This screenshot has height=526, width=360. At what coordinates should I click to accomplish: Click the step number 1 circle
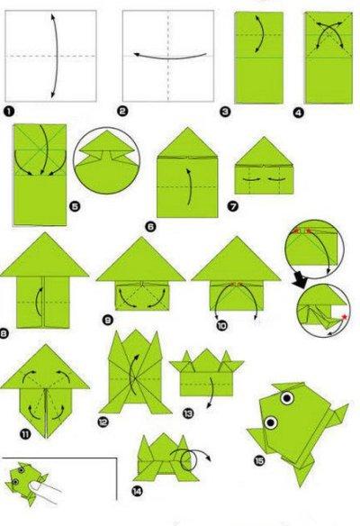9,112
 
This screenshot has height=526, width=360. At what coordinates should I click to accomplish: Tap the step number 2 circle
122,111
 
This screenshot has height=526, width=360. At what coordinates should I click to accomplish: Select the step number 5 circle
75,206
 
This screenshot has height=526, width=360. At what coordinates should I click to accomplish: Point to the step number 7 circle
233,205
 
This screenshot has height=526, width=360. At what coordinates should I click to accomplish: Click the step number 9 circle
107,321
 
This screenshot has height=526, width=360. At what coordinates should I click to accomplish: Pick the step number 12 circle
103,422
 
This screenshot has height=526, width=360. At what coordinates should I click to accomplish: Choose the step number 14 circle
137,492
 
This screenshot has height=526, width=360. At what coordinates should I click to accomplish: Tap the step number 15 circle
259,461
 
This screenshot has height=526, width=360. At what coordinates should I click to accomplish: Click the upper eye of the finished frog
287,398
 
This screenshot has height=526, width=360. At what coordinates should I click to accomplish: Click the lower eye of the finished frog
271,422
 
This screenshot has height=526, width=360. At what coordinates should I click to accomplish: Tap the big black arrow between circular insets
300,279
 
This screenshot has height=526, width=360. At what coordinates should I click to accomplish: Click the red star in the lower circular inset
344,317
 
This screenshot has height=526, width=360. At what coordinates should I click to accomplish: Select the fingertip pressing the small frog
33,486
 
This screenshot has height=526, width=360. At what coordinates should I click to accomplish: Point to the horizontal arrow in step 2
170,57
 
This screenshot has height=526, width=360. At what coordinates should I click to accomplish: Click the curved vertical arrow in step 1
55,56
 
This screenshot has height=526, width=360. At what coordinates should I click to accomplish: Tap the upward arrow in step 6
190,186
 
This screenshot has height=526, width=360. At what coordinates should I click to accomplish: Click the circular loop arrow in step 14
187,459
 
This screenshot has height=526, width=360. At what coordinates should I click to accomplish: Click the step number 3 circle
225,112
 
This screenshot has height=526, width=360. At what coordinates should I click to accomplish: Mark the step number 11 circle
25,434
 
